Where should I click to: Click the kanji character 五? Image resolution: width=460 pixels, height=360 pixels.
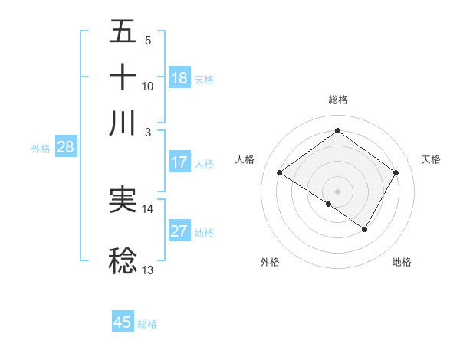point(123,32)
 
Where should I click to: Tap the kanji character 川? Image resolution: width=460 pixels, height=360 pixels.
point(123,123)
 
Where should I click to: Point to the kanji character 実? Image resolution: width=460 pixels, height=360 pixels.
point(123,201)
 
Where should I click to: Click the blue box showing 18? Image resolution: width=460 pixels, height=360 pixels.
point(179,78)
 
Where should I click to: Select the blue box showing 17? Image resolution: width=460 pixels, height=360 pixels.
point(179,162)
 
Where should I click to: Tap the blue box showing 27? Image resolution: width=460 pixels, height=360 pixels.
point(179,232)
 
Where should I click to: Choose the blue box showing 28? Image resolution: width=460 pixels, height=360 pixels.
point(65,148)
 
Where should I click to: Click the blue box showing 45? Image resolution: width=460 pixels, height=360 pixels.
point(123,322)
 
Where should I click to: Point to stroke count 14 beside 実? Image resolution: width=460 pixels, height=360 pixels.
point(148,208)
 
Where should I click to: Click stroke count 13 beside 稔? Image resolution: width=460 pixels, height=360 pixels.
point(148,270)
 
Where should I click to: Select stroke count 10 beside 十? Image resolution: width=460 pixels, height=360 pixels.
point(148,86)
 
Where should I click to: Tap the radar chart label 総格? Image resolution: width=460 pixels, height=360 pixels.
point(337,100)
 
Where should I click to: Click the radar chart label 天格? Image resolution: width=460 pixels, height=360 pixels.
point(431,159)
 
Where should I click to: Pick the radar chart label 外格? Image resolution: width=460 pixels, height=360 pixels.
point(270,262)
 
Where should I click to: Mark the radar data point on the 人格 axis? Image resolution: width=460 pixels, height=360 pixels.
point(280,173)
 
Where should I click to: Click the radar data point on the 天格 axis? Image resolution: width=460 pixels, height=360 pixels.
point(396,173)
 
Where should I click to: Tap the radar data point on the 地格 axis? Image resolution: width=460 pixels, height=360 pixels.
point(365,229)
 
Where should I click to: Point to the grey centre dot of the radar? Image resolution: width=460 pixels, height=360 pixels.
point(337,191)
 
